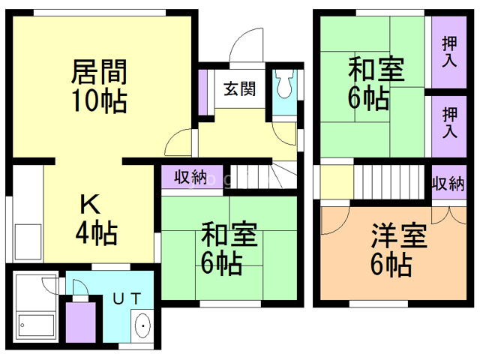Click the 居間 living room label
click(99, 72)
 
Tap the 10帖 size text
click(99, 100)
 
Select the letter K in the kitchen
click(90, 204)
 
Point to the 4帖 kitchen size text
click(97, 232)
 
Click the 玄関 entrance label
click(239, 89)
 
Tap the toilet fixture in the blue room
click(285, 84)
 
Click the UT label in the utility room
click(127, 298)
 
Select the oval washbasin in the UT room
click(142, 325)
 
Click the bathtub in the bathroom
click(37, 325)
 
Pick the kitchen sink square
click(28, 241)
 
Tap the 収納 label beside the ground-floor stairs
click(191, 177)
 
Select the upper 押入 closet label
click(449, 52)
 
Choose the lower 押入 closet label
click(449, 123)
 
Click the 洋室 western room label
click(399, 236)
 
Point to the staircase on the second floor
click(389, 181)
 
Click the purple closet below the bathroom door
click(81, 322)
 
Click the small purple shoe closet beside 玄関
click(202, 92)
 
